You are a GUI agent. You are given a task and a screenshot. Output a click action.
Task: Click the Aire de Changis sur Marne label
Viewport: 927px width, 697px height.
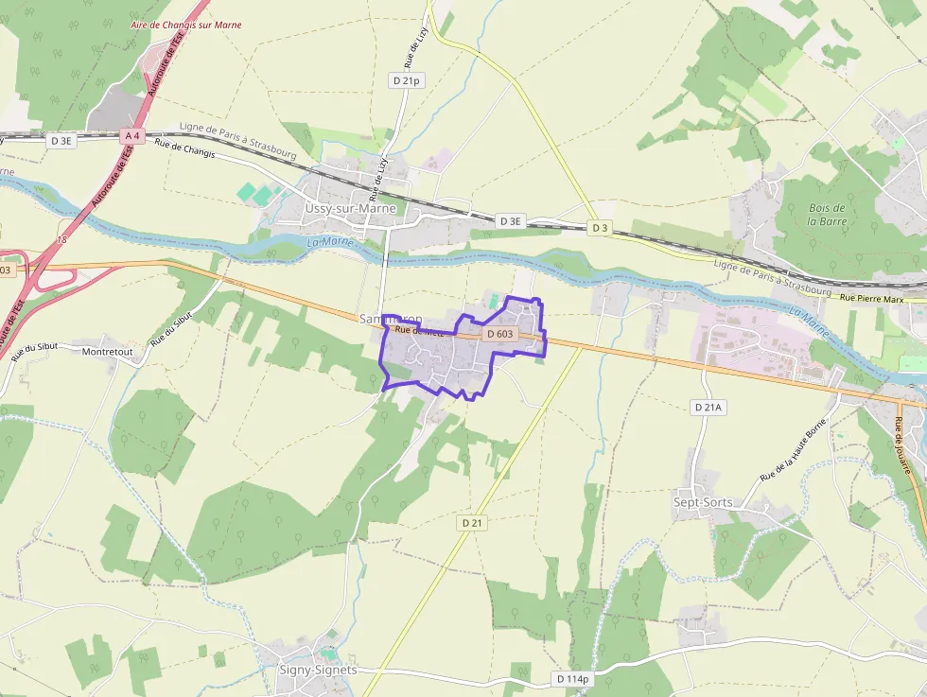tap(186, 25)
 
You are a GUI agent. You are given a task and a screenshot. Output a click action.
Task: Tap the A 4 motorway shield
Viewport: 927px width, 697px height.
tap(132, 136)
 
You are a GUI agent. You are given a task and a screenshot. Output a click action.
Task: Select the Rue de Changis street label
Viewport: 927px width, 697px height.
tap(185, 148)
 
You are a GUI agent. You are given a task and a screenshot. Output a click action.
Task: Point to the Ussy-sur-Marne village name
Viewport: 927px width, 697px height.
tap(350, 208)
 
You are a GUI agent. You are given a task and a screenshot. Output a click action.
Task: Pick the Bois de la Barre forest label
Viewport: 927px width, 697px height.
tap(828, 215)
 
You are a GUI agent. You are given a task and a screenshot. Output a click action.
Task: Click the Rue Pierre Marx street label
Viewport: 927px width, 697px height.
tap(872, 299)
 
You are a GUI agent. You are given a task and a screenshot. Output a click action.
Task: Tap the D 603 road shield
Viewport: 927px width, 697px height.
tap(498, 334)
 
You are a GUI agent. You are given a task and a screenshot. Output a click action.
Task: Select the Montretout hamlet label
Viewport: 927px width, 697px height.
tap(109, 351)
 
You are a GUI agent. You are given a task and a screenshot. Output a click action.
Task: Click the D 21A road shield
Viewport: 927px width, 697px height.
tap(708, 407)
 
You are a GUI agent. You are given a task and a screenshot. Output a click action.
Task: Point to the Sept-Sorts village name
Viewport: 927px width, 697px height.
tap(703, 502)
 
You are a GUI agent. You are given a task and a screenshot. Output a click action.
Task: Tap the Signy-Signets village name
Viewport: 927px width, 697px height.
tap(318, 670)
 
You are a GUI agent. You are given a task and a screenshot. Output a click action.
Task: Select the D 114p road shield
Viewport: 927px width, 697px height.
tap(572, 679)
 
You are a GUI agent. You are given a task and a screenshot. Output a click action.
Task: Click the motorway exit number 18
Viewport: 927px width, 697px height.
tap(63, 240)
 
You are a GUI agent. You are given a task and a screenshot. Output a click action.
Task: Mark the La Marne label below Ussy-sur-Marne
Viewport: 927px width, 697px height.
tap(329, 243)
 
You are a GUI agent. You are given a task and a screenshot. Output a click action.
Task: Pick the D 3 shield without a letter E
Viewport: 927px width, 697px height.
tap(600, 228)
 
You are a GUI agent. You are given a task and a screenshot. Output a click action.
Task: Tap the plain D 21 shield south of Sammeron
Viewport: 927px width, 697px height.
tap(473, 523)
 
